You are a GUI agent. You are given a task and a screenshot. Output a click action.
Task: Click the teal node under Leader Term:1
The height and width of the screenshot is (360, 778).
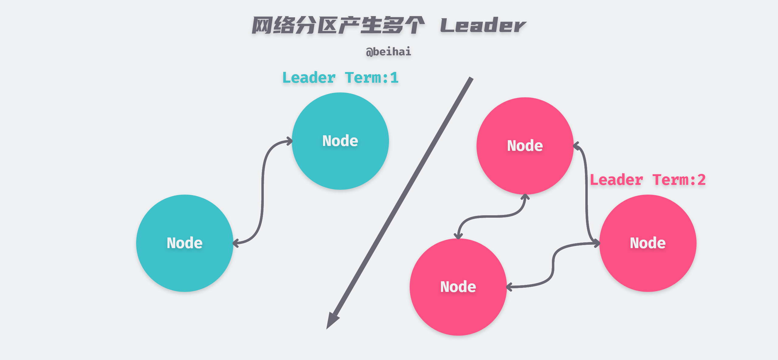[x=340, y=141]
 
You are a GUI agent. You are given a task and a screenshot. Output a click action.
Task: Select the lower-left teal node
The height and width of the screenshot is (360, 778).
[x=184, y=243]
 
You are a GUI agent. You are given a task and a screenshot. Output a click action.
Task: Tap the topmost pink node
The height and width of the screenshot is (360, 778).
[x=525, y=146]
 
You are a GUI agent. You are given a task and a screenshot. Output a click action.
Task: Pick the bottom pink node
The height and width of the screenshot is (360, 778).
[x=458, y=287]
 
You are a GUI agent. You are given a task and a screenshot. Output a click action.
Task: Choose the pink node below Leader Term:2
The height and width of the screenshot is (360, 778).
[x=648, y=243]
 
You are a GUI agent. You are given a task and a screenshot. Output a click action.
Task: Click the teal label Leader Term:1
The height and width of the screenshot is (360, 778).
[x=340, y=78]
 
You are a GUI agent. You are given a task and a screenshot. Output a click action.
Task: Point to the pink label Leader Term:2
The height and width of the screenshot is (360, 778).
[x=647, y=180]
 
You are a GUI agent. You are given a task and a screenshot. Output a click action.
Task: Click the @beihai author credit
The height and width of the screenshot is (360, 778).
[x=388, y=52]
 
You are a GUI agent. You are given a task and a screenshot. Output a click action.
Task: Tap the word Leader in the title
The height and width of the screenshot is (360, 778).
[x=483, y=26]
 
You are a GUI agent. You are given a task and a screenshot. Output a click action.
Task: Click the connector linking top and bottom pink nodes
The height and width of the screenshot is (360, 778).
[x=492, y=216]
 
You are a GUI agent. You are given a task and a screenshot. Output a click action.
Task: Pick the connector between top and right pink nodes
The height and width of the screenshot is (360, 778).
[x=587, y=195]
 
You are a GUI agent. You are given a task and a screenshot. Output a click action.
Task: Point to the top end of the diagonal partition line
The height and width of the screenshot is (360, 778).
[x=471, y=79]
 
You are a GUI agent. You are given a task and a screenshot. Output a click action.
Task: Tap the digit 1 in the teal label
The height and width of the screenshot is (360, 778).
[x=394, y=78]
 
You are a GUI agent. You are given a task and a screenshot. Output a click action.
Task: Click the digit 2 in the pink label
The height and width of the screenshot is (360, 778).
[x=701, y=180]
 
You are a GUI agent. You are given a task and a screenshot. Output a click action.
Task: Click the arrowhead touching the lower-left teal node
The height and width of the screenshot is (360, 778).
[x=236, y=243]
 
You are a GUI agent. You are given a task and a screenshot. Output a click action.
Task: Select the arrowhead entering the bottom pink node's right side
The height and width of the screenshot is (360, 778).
[x=509, y=287]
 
